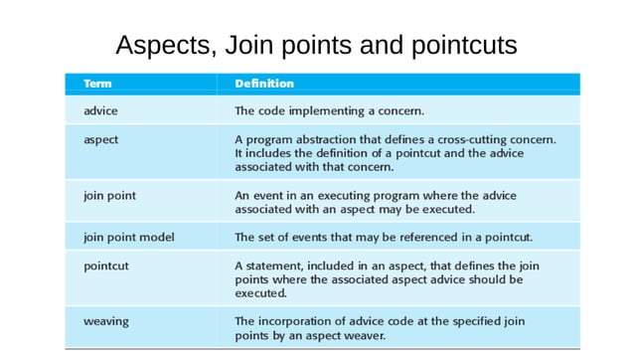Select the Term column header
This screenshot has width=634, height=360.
(96, 84)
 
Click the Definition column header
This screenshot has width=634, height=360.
(263, 84)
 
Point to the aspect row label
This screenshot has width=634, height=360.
(101, 139)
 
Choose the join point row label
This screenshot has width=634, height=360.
(109, 196)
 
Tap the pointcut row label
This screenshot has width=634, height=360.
(105, 266)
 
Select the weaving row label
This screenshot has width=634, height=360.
(105, 321)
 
